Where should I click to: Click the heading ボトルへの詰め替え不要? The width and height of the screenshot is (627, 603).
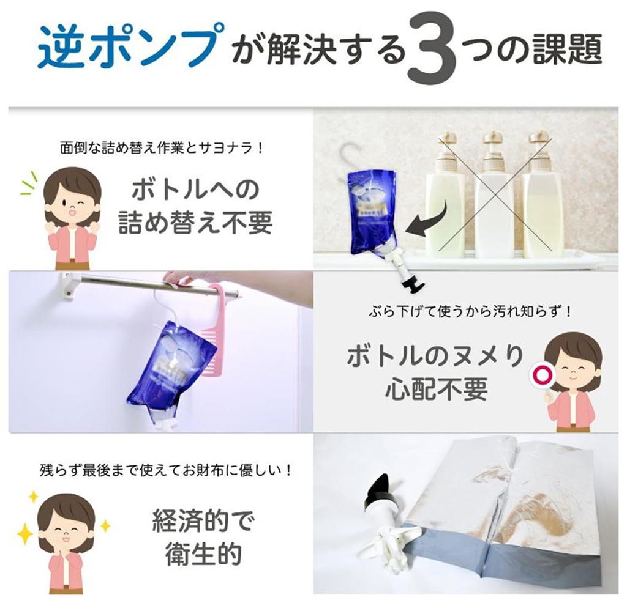195,206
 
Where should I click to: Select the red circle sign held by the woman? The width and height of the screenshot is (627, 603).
540,376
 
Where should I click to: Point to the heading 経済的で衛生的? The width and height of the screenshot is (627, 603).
203,537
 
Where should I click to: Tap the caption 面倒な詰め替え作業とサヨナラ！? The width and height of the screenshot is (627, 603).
162,148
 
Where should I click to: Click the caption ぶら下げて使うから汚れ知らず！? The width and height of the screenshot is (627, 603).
470,311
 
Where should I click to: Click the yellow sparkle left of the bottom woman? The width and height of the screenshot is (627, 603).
24,533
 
